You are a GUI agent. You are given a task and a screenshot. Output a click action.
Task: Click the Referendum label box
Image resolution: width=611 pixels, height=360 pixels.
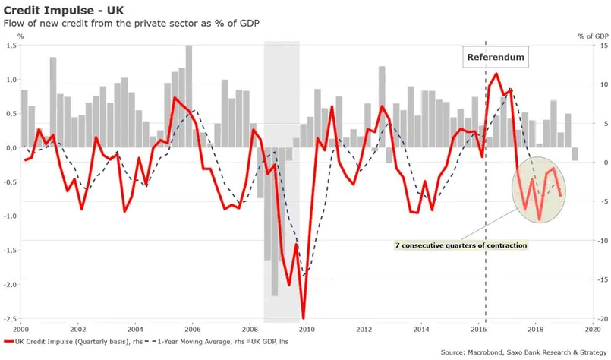pos(496,58)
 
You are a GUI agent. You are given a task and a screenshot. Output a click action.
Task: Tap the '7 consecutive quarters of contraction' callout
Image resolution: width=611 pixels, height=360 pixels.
pos(461,246)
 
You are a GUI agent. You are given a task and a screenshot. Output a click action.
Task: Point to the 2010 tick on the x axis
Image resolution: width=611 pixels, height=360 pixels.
pos(306,329)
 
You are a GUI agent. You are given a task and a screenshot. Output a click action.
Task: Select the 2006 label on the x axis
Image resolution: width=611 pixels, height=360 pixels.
pos(192,329)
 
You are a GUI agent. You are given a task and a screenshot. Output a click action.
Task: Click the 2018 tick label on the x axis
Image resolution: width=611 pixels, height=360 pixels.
pos(536,329)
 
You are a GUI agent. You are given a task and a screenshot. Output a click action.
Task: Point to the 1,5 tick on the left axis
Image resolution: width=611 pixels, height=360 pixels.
pos(11,46)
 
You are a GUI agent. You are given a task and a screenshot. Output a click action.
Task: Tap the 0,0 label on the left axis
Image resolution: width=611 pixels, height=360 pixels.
pos(11,148)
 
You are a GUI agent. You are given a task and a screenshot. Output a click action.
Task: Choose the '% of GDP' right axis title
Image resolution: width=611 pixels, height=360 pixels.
pos(591,35)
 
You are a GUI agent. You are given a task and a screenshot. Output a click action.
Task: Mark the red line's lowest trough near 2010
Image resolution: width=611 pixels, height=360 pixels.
pos(303,318)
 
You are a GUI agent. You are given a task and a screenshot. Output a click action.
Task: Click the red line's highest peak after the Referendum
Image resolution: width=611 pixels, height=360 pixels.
pos(496,74)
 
